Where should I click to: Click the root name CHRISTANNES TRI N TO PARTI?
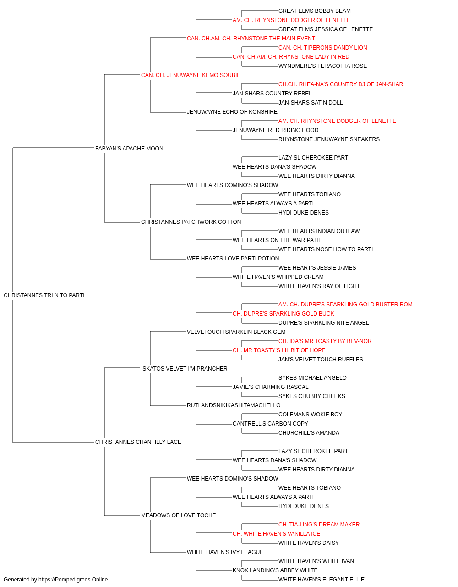(44, 295)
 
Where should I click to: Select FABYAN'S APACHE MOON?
(129, 149)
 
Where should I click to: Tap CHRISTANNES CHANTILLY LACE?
(138, 442)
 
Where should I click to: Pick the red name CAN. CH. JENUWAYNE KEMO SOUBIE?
(191, 75)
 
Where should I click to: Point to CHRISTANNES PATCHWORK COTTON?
(191, 222)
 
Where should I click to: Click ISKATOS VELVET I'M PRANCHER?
(184, 368)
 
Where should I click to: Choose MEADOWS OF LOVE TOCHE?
(178, 515)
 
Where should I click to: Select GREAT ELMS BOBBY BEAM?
(315, 11)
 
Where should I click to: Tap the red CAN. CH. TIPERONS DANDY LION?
(322, 48)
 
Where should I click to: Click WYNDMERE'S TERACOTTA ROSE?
(322, 66)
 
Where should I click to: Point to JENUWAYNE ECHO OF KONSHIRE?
(232, 112)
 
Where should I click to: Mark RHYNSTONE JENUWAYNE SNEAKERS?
(329, 139)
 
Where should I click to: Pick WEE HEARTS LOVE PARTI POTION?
(233, 259)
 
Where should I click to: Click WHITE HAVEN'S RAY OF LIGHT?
(319, 286)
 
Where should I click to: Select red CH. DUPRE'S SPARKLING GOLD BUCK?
(283, 314)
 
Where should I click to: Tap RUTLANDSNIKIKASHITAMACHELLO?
(234, 405)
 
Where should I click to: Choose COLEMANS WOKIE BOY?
(310, 415)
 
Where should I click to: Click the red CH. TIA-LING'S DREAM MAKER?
(319, 524)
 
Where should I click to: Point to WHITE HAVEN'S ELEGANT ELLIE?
(321, 580)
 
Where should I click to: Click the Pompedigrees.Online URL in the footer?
(73, 580)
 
